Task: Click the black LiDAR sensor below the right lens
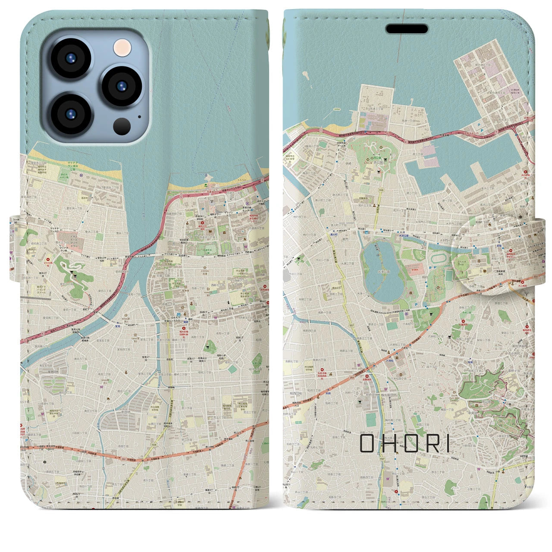coord(122,126)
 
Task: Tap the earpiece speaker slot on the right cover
coord(407,29)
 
